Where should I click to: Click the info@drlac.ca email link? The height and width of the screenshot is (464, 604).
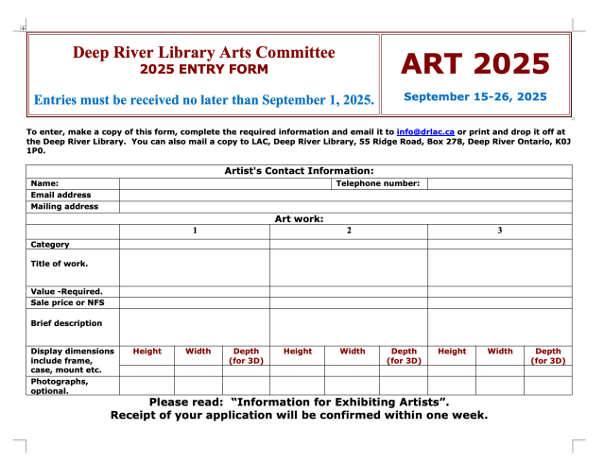click(425, 131)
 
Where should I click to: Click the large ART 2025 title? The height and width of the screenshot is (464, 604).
click(475, 63)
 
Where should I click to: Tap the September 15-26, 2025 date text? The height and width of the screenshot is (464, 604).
click(475, 96)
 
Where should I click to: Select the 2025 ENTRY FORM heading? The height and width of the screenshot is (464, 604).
click(204, 69)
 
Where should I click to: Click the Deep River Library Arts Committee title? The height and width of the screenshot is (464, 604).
click(204, 52)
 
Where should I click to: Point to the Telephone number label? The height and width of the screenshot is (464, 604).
click(378, 182)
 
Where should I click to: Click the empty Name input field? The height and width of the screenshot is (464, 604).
click(224, 182)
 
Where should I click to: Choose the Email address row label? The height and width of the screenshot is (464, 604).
click(61, 195)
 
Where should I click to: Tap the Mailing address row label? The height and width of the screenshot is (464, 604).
click(64, 206)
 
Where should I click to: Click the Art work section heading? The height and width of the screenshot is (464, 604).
click(300, 218)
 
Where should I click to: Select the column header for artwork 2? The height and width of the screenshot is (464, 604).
click(349, 231)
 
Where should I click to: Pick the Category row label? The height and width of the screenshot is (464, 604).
click(50, 244)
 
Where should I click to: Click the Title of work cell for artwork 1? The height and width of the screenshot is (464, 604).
click(195, 266)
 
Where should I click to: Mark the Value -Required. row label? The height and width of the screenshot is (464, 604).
click(67, 291)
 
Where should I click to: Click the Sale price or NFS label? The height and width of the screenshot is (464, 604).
click(68, 302)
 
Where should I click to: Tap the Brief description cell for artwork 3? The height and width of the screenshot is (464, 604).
click(500, 326)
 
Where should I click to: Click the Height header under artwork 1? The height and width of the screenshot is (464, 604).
click(147, 352)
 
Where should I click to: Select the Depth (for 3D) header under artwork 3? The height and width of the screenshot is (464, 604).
click(548, 355)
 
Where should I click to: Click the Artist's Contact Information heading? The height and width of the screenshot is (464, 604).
click(300, 170)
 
